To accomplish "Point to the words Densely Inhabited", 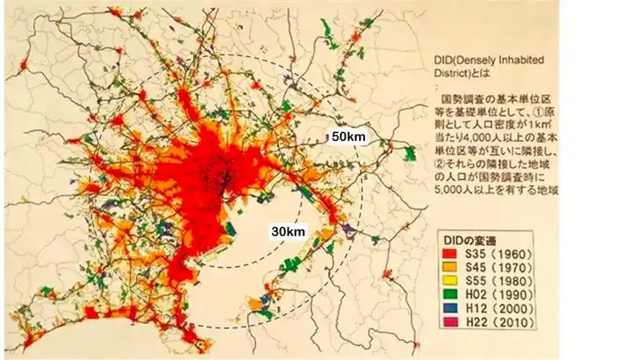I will (x=510, y=60).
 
